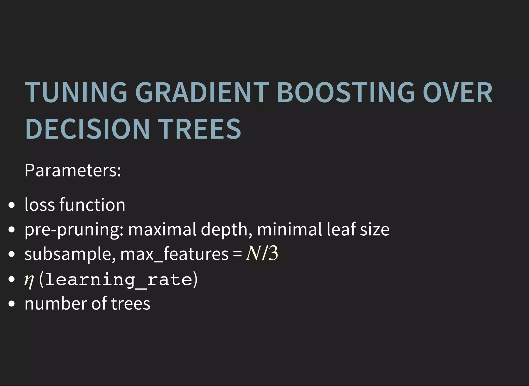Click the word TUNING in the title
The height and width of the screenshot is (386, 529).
(76, 92)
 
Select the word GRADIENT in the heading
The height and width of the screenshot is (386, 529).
(202, 92)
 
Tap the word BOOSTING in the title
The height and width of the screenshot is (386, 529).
(346, 92)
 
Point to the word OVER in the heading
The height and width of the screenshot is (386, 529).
(457, 92)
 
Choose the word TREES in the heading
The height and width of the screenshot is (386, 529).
(199, 129)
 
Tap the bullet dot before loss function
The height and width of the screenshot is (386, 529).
(11, 205)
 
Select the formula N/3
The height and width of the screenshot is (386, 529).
(262, 253)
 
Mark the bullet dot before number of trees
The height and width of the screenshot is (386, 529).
(11, 304)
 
